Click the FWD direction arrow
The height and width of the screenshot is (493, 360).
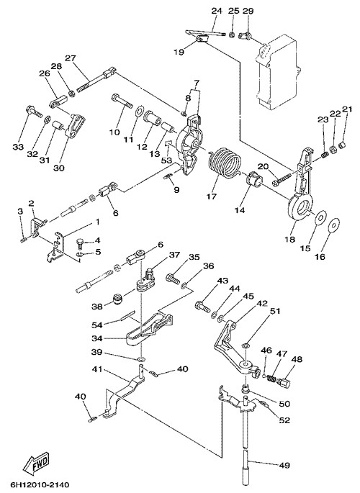pyautogui.click(x=36, y=465)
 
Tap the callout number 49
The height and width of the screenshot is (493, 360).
pyautogui.click(x=284, y=465)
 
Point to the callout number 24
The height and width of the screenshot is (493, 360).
pyautogui.click(x=217, y=11)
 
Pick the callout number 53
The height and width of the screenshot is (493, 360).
pyautogui.click(x=166, y=160)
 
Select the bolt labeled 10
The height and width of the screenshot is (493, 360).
pyautogui.click(x=122, y=99)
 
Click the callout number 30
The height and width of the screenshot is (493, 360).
pyautogui.click(x=59, y=168)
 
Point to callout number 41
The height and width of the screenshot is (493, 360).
pyautogui.click(x=97, y=368)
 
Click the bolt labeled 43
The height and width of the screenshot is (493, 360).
pyautogui.click(x=203, y=306)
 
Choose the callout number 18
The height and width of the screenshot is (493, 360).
pyautogui.click(x=290, y=239)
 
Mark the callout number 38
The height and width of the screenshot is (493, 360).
pyautogui.click(x=97, y=306)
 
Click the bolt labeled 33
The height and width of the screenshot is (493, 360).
pyautogui.click(x=33, y=111)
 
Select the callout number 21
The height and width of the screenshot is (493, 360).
pyautogui.click(x=348, y=109)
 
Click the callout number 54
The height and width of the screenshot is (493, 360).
pyautogui.click(x=97, y=324)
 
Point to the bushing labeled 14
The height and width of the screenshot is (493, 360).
pyautogui.click(x=253, y=181)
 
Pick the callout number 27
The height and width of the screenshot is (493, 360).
pyautogui.click(x=71, y=58)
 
